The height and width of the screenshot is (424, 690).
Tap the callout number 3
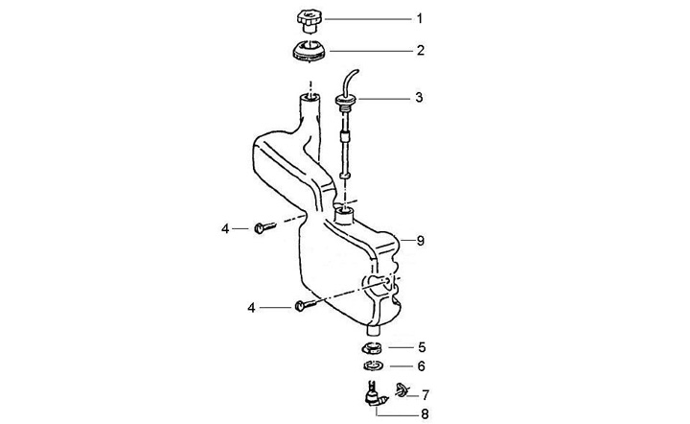click(419, 98)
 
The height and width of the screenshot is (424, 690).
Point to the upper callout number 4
click(226, 228)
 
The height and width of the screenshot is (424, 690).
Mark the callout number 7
click(425, 393)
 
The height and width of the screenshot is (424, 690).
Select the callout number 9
click(418, 242)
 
